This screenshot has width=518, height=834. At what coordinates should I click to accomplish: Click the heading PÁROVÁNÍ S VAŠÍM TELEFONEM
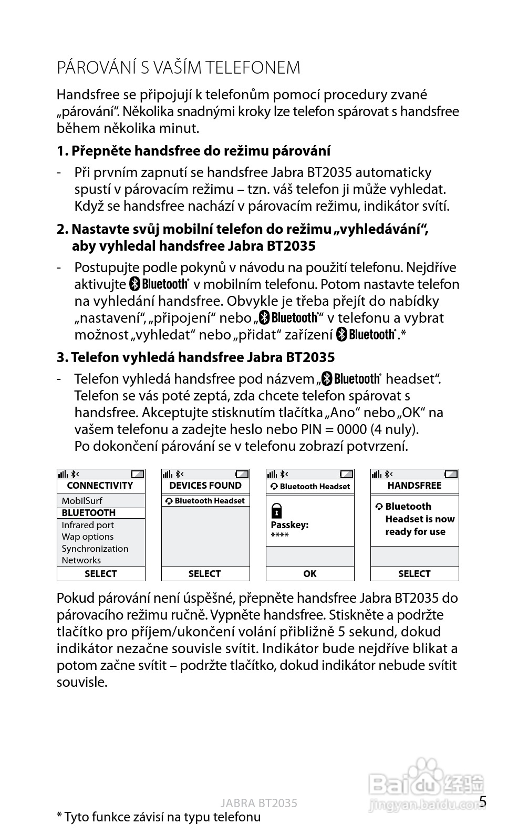pos(179,68)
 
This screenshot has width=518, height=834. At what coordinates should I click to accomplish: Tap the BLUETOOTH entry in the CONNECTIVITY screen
pos(88,513)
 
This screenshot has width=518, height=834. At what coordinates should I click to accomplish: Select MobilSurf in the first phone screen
pos(81,501)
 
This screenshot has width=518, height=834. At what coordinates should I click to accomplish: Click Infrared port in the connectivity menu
pos(87,525)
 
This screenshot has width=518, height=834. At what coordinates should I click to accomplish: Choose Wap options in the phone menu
pos(87,537)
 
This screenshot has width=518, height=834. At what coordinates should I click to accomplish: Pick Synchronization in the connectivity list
pos(95,549)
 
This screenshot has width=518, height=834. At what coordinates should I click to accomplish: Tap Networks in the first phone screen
pos(81,560)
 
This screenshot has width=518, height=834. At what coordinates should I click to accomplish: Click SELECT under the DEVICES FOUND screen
pos(204,574)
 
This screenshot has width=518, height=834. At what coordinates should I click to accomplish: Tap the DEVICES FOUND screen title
pos(205,486)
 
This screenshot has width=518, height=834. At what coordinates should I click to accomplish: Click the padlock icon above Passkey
pos(277,510)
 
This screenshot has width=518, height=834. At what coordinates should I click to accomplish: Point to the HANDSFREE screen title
pos(414,486)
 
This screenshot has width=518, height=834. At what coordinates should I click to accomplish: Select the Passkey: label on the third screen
pos(289,525)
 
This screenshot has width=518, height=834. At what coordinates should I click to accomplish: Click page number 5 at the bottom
pos(483,801)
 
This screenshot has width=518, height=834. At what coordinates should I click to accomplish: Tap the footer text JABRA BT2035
pos(258,803)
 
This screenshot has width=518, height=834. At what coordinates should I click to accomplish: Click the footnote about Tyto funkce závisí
pos(159,817)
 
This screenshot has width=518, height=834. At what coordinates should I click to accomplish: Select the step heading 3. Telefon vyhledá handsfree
pos(195,357)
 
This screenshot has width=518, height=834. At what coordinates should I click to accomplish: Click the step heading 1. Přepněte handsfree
pos(193,151)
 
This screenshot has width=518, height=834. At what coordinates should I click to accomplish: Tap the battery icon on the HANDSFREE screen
pos(451,474)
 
